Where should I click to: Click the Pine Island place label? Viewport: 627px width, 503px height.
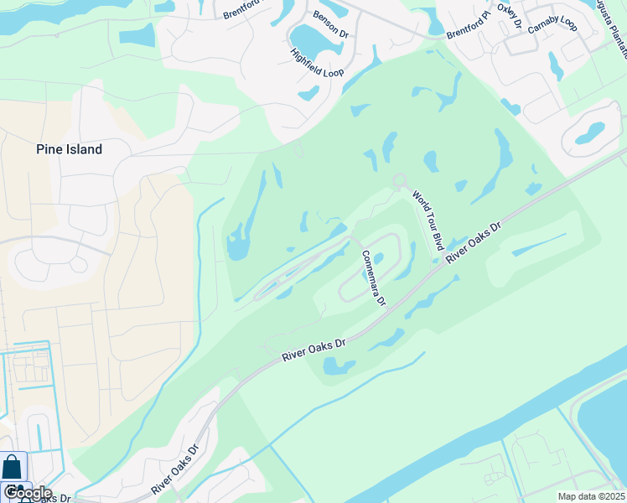click(x=69, y=149)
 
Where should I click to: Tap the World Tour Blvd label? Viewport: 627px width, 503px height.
click(x=427, y=220)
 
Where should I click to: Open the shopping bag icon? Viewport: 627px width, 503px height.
click(x=13, y=468)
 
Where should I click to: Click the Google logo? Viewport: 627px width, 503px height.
click(x=27, y=493)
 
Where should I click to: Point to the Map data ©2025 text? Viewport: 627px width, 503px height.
click(x=591, y=496)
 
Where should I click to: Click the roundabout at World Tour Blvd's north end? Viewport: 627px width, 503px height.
click(x=400, y=180)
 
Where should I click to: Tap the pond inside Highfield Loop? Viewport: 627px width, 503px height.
click(x=308, y=38)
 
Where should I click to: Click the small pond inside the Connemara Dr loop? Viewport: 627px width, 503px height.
click(x=379, y=258)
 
